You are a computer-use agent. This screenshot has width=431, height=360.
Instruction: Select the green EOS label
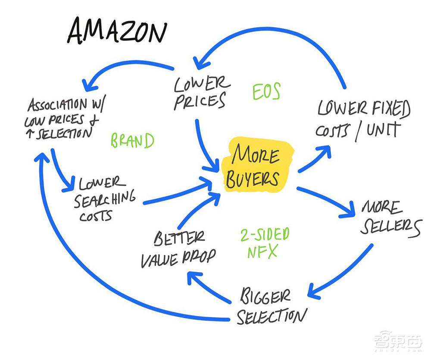point(266,91)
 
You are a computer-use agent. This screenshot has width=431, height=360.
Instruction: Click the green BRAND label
point(132,141)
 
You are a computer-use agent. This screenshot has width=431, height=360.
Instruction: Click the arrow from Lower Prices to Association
point(129,69)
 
